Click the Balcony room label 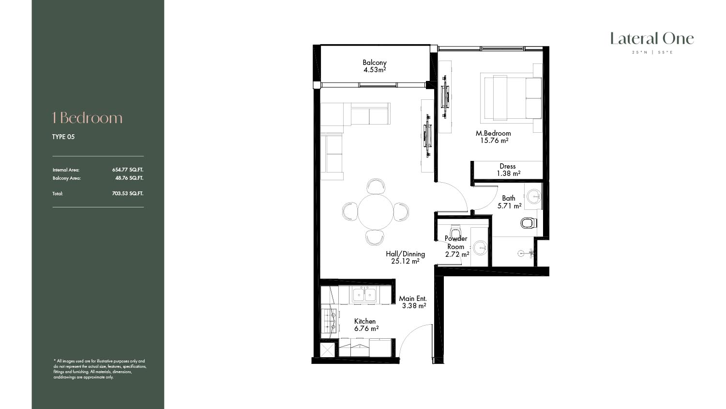375,63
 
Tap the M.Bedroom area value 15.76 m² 494,141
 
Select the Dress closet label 508,166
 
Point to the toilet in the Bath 529,223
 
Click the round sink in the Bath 533,196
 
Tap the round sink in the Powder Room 480,248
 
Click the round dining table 375,212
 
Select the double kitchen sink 364,295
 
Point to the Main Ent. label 412,299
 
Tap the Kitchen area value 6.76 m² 366,329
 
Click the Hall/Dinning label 405,254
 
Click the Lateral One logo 652,39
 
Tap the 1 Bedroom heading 88,118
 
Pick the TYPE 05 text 63,137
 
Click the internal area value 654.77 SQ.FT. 128,170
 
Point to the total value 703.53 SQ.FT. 128,193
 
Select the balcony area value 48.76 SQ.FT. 129,178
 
